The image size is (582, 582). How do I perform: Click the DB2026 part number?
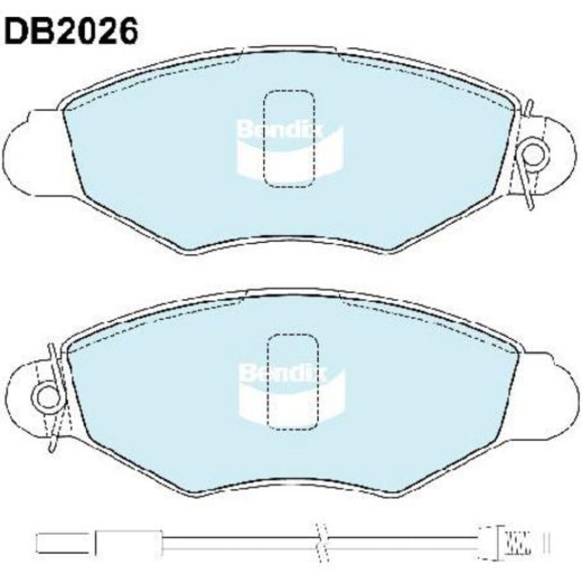[x=71, y=31]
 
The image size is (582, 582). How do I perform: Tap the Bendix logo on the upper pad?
[x=290, y=148]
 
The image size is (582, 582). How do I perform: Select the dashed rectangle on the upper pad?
[x=289, y=139]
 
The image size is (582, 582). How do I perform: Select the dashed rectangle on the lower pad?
[x=293, y=382]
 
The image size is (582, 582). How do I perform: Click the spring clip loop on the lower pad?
[x=47, y=397]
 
